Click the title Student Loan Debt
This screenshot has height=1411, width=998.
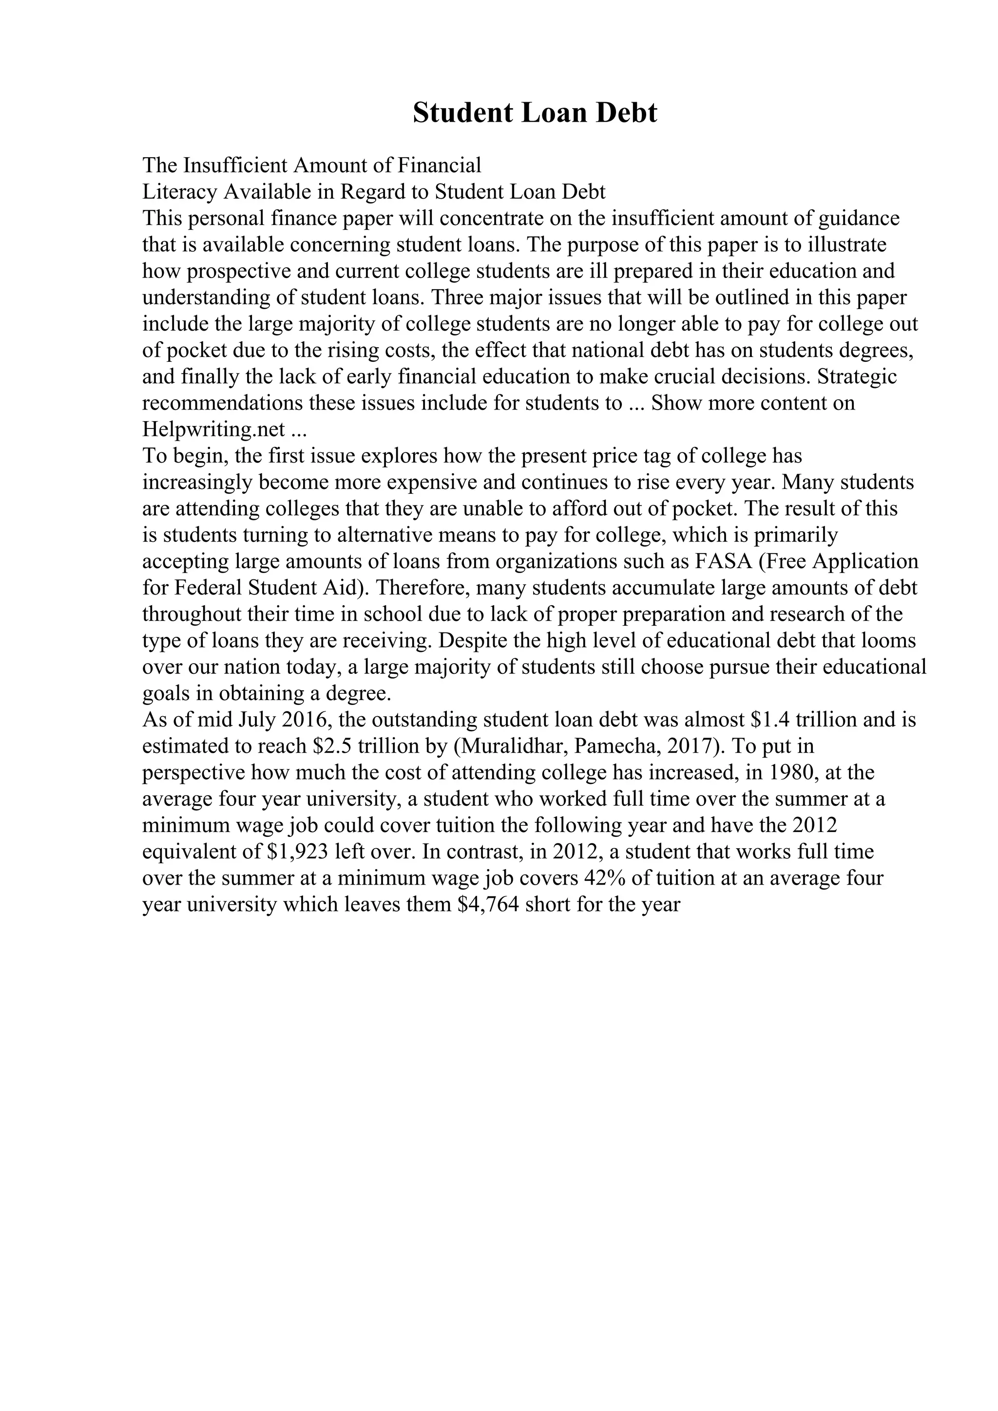[x=535, y=113]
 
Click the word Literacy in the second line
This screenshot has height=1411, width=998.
[x=179, y=192]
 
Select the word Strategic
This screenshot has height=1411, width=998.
[x=857, y=376]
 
